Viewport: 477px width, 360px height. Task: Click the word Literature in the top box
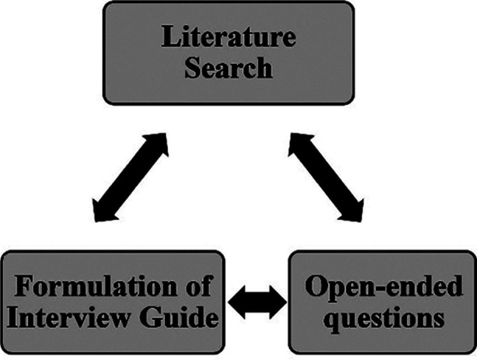(228, 37)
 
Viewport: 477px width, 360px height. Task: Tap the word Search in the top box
(228, 68)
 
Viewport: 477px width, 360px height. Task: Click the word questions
(384, 320)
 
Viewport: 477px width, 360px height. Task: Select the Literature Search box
(228, 53)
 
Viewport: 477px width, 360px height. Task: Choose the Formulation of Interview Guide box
(113, 302)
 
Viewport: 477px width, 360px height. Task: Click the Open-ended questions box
(382, 302)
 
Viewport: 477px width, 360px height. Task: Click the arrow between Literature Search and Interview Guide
(131, 177)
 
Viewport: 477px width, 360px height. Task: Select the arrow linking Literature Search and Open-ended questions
(326, 177)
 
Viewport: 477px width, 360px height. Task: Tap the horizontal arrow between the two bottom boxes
(257, 302)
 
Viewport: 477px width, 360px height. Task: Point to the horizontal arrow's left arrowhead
(236, 302)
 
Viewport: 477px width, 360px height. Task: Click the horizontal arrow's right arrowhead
(279, 302)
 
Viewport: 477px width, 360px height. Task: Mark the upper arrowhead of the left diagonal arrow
(158, 143)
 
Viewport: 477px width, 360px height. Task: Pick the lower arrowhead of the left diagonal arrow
(102, 211)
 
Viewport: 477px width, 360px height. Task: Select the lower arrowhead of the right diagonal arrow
(353, 211)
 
